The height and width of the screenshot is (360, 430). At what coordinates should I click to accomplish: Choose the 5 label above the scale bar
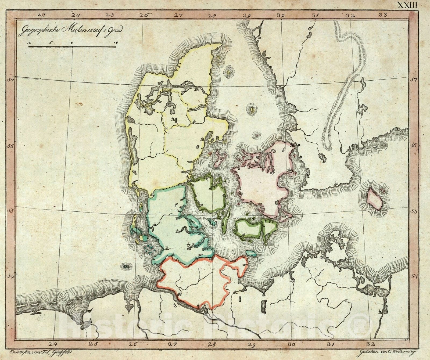point(51,43)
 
